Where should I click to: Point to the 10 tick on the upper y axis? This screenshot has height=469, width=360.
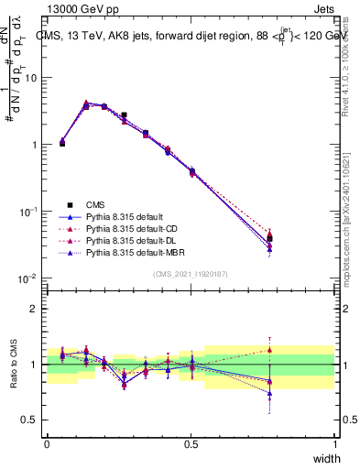point(32,78)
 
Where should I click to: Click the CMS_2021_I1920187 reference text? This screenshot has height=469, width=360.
point(191,274)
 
